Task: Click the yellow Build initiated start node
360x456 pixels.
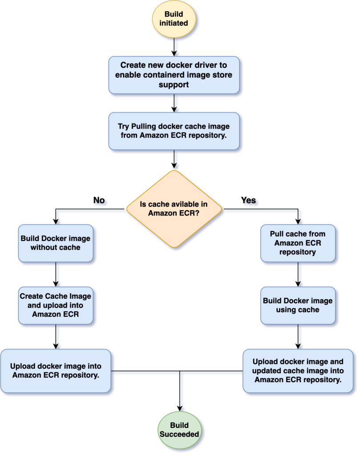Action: click(174, 19)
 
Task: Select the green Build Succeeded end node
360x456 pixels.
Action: click(180, 429)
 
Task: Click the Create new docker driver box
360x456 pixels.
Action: click(174, 74)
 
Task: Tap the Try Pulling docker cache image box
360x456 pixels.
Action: click(174, 130)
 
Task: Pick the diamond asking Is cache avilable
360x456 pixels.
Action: click(174, 209)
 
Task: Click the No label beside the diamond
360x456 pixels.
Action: click(99, 200)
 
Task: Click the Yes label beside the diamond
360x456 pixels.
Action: click(248, 200)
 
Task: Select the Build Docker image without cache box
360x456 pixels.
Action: click(55, 243)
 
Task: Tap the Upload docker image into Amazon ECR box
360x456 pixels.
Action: click(56, 370)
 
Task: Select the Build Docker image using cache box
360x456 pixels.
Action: click(297, 305)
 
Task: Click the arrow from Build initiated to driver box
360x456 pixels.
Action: click(174, 47)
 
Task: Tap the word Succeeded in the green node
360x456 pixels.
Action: click(180, 433)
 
